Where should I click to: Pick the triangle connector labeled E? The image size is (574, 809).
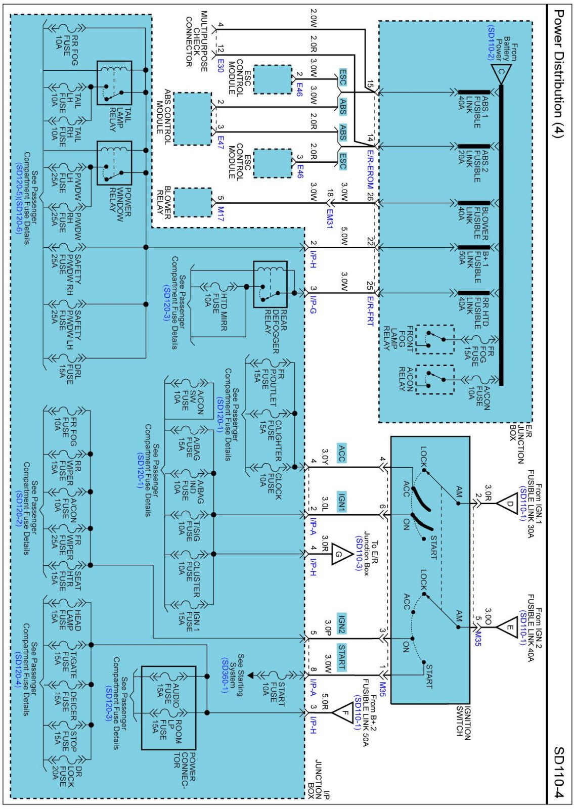507,628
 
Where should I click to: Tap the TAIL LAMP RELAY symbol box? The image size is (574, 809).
114,83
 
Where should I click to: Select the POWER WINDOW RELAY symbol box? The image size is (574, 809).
114,163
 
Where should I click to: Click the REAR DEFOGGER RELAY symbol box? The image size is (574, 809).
270,284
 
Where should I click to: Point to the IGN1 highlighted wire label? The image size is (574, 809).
342,502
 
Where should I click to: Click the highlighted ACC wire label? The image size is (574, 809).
342,450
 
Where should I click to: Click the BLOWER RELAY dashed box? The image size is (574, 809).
192,202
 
